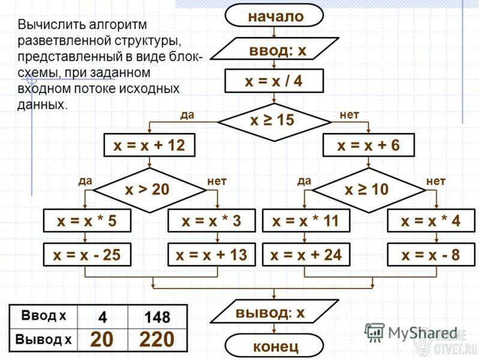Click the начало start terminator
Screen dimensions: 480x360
pyautogui.click(x=274, y=16)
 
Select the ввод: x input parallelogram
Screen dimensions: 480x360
pyautogui.click(x=275, y=49)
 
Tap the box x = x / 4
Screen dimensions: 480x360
pyautogui.click(x=274, y=81)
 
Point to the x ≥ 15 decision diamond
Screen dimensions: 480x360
pyautogui.click(x=274, y=122)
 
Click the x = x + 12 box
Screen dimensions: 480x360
pyautogui.click(x=149, y=145)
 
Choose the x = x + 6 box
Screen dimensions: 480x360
pyautogui.click(x=368, y=145)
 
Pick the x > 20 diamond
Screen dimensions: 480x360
pyautogui.click(x=149, y=190)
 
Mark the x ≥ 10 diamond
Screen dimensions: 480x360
pyautogui.click(x=368, y=190)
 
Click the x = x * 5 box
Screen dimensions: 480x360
pyautogui.click(x=87, y=221)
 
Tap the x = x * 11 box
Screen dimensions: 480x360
pyautogui.click(x=306, y=221)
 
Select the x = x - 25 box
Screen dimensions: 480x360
pyautogui.click(x=87, y=254)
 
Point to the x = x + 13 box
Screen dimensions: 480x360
pyautogui.click(x=212, y=254)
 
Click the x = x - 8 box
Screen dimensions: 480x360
pyautogui.click(x=431, y=254)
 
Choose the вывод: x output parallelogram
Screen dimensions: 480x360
pyautogui.click(x=274, y=311)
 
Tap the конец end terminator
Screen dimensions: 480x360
pyautogui.click(x=274, y=346)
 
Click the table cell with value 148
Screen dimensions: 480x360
pyautogui.click(x=157, y=317)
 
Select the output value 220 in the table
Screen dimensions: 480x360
pyautogui.click(x=157, y=340)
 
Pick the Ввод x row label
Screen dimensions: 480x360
pyautogui.click(x=43, y=316)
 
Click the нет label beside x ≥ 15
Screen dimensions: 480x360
pyautogui.click(x=349, y=115)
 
